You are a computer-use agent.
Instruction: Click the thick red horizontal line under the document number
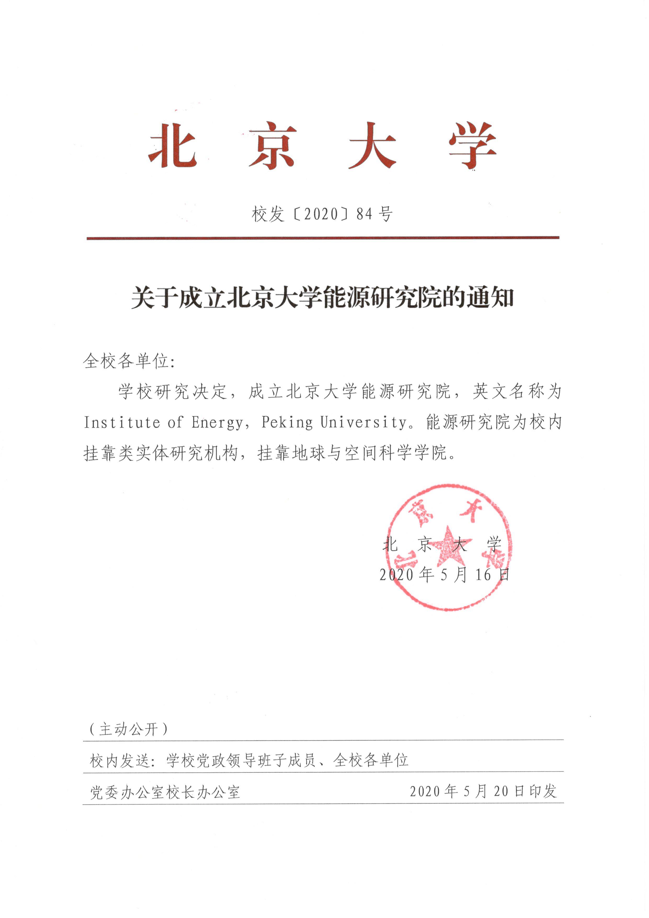click(323, 238)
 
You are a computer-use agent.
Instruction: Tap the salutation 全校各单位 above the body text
click(126, 361)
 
